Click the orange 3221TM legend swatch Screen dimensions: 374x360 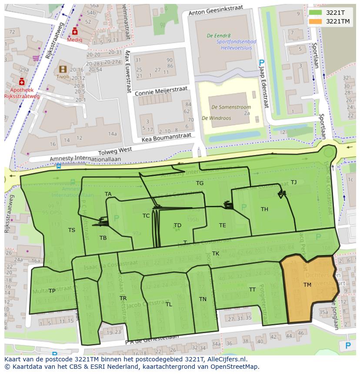(x=315, y=21)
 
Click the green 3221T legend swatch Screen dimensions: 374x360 (x=315, y=13)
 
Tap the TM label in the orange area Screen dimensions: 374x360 (x=307, y=285)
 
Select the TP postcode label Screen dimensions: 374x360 (x=52, y=291)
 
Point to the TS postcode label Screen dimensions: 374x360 (x=72, y=230)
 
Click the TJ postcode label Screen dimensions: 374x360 (x=293, y=182)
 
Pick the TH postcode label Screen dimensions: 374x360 (x=264, y=209)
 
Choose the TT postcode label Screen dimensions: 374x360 (x=252, y=290)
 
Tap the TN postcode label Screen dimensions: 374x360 (x=203, y=299)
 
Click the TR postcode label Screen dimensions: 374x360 (x=123, y=298)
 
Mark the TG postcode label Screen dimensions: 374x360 (x=200, y=183)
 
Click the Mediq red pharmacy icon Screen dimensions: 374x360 (x=75, y=32)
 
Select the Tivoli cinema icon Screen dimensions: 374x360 (x=63, y=69)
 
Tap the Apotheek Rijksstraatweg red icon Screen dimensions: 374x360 (x=22, y=82)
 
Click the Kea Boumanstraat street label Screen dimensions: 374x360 (x=167, y=138)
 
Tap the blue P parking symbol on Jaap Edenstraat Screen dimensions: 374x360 (x=261, y=63)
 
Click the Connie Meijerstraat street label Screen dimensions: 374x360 (x=161, y=91)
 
